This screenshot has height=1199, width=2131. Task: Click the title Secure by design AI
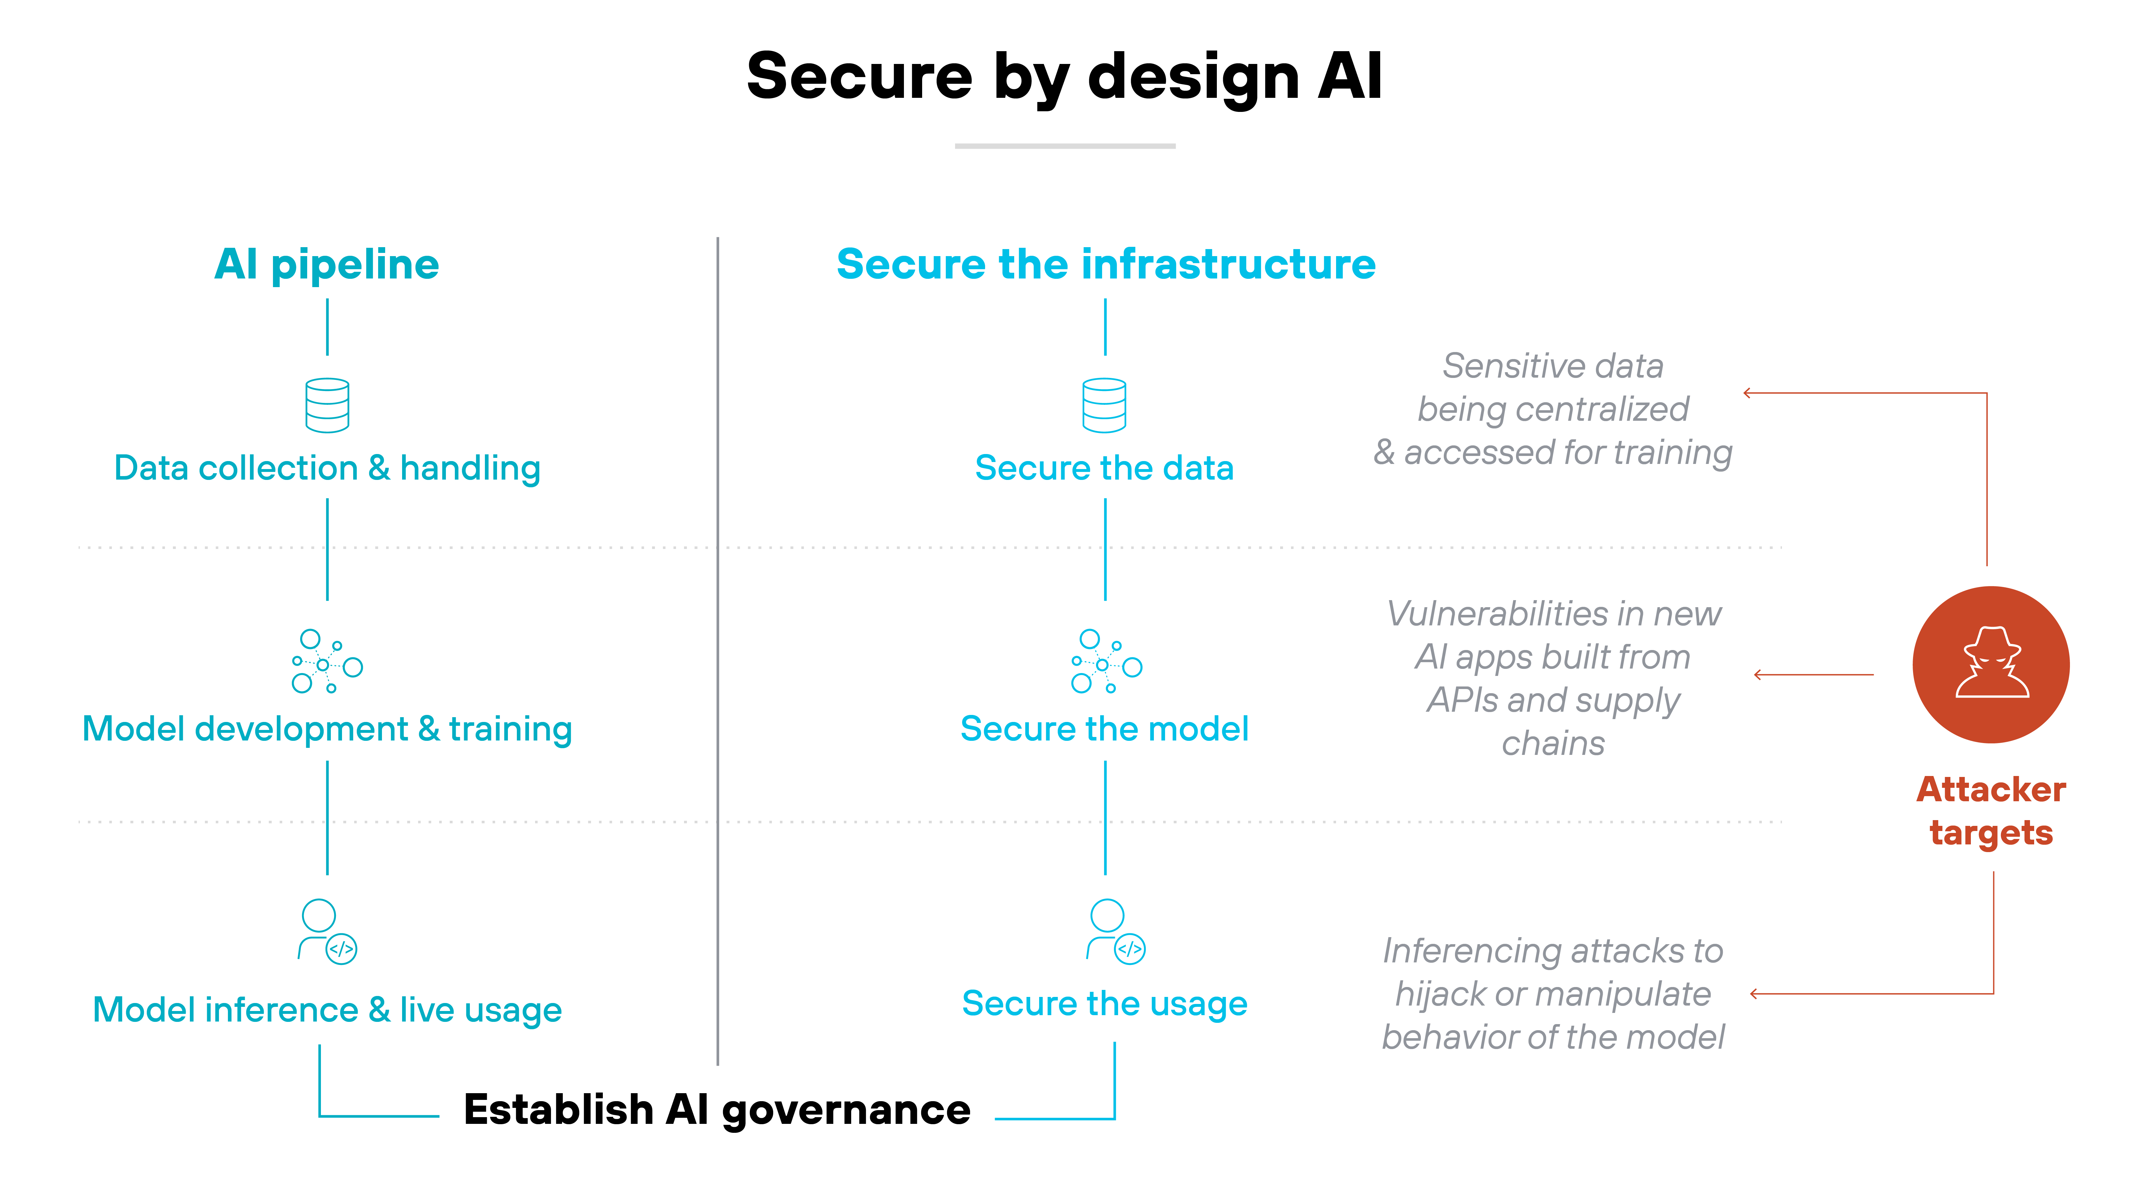1064,76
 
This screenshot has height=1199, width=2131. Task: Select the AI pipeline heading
327,265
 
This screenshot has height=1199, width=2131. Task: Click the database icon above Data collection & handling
327,405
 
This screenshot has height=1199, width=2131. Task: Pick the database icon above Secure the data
1104,405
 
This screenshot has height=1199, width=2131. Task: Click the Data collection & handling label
327,468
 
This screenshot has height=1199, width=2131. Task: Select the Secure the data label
1104,468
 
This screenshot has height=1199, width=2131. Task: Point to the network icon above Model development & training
327,662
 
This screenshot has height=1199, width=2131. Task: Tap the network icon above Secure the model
1106,662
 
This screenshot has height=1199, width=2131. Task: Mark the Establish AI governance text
716,1109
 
